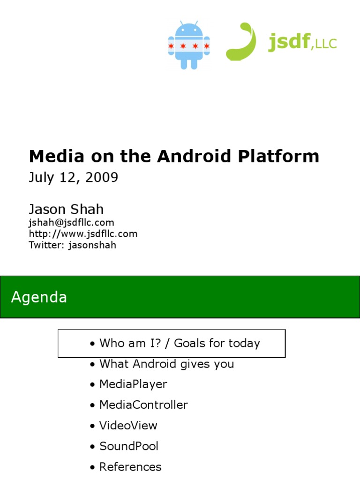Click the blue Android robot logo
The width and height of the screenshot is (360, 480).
[x=189, y=45]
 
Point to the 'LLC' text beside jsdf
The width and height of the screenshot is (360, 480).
[x=326, y=44]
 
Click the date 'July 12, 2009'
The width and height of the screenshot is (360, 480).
[x=74, y=178]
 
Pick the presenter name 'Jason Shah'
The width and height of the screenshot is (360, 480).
[x=66, y=209]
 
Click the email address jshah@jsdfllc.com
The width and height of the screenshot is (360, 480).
[x=71, y=223]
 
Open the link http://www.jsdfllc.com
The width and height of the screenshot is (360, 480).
[x=83, y=233]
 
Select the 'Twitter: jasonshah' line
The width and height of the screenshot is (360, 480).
[x=72, y=245]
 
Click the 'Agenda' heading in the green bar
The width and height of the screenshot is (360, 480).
[x=39, y=297]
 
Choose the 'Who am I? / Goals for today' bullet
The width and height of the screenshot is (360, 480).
[x=179, y=343]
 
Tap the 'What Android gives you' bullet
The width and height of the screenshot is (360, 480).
[x=166, y=364]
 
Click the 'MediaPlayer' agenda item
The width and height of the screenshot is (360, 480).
[x=133, y=384]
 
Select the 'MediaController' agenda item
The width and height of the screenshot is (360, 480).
[x=143, y=405]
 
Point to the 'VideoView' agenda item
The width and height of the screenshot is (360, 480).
[x=128, y=426]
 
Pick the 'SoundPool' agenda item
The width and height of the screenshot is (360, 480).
[x=129, y=446]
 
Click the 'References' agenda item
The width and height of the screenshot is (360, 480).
[x=130, y=467]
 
